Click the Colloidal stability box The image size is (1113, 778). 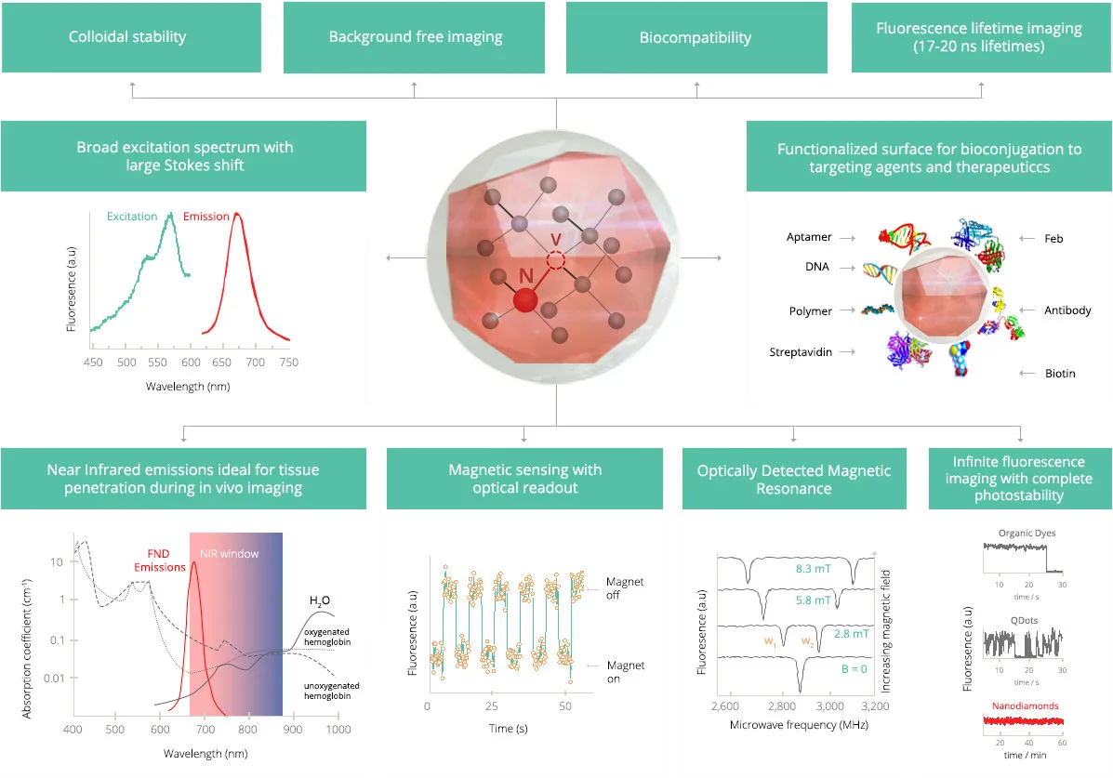tap(131, 37)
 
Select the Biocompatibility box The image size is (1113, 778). tap(696, 37)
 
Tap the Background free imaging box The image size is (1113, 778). tap(414, 37)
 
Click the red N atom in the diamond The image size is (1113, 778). tap(525, 300)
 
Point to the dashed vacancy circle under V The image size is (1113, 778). tap(556, 261)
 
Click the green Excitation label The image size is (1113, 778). tap(132, 217)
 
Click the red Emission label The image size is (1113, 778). tap(205, 217)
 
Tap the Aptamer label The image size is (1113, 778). tap(809, 237)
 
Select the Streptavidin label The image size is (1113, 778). tap(801, 352)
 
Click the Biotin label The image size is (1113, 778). tap(1060, 374)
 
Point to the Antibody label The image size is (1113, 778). tap(1067, 310)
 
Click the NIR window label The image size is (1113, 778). tap(230, 554)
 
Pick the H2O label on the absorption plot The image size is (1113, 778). tap(320, 601)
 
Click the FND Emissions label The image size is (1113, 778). tap(159, 560)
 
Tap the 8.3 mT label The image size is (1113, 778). tap(813, 569)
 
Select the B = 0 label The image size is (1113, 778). tap(854, 668)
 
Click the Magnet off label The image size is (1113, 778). tap(625, 587)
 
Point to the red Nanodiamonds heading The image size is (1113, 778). tap(1025, 705)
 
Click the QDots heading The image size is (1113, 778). tap(1025, 620)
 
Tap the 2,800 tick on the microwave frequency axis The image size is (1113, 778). tap(781, 706)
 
